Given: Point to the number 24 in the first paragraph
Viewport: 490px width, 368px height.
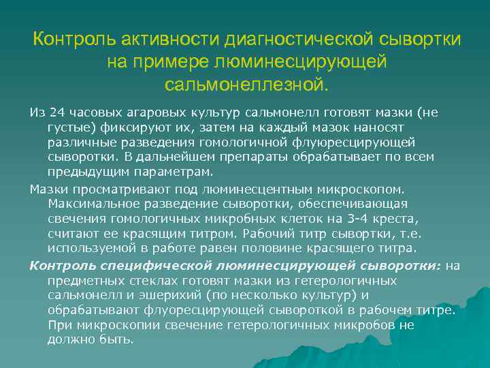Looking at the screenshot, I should point(50,112).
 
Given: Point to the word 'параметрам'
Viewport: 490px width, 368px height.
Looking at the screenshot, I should point(169,171).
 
